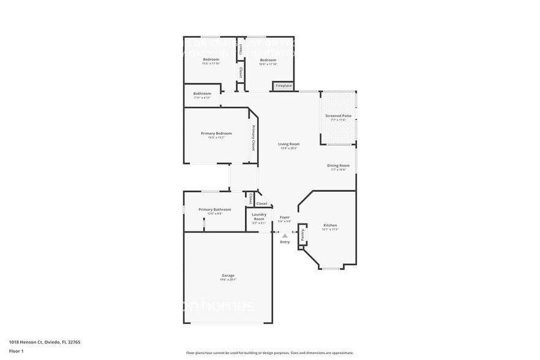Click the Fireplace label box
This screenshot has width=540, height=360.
(283, 86)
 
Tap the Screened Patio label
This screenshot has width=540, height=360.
(338, 116)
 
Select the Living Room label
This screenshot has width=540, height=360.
(288, 144)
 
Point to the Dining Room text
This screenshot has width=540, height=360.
(338, 165)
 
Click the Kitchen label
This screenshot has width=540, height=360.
(329, 225)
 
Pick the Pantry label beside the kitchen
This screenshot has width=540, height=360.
(302, 235)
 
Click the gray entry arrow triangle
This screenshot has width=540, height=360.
(285, 236)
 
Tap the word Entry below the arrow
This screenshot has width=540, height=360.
(285, 242)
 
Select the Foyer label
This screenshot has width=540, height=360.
(285, 217)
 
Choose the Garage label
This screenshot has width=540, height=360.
(228, 276)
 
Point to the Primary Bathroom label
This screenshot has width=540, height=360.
(214, 209)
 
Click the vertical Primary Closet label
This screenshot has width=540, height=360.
(252, 138)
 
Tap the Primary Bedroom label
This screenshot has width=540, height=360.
(216, 133)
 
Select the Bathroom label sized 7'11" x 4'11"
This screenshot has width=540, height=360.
(202, 94)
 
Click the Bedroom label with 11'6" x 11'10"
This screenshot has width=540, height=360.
(211, 59)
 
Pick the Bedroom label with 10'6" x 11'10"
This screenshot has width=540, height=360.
(268, 59)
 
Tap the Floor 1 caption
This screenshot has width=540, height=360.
(16, 351)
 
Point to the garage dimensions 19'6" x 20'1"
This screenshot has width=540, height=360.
(228, 280)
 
